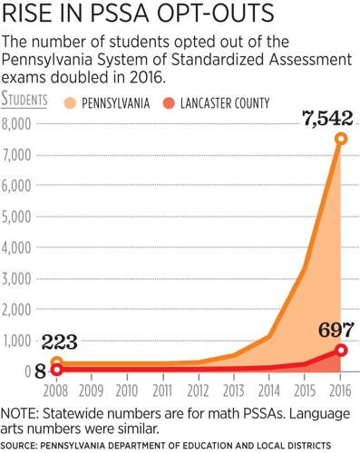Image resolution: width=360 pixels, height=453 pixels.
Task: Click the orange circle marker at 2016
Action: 341,139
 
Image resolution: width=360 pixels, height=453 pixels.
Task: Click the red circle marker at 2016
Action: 341,350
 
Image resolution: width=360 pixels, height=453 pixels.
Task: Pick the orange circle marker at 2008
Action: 56,363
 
